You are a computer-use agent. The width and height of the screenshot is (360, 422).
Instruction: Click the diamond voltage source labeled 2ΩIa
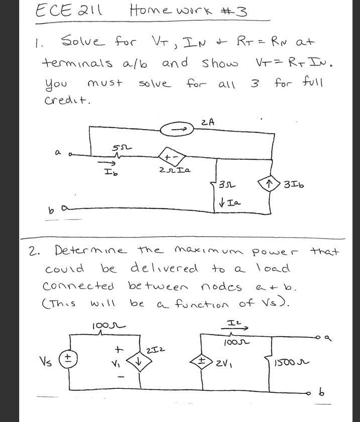point(168,157)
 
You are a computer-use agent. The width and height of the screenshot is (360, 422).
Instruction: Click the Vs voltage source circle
point(69,359)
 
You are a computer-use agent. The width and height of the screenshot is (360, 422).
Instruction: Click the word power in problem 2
point(275,250)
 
